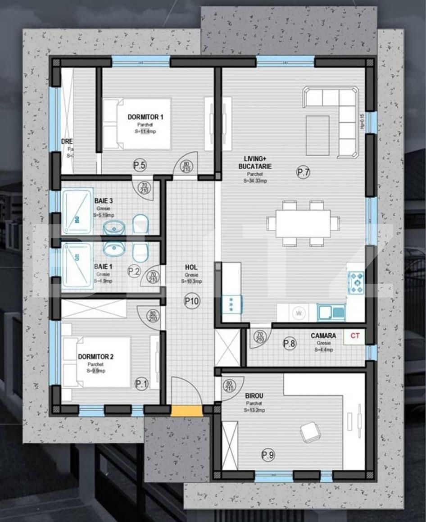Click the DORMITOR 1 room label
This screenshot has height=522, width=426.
[145, 117]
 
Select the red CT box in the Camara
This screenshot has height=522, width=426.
[354, 336]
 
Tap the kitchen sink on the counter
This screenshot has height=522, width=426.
[331, 311]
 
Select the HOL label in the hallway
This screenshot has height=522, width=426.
[191, 267]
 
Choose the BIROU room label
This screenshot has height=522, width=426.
[254, 396]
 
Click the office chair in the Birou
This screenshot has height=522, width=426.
[311, 431]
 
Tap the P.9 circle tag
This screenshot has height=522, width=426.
[267, 455]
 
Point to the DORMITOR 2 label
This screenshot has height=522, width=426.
[95, 357]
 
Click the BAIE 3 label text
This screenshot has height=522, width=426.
[104, 200]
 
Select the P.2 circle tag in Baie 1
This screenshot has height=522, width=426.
[134, 271]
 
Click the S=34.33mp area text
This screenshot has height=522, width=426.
[255, 181]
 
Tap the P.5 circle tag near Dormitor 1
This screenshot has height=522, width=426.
[140, 165]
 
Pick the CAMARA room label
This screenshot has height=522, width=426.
[323, 336]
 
